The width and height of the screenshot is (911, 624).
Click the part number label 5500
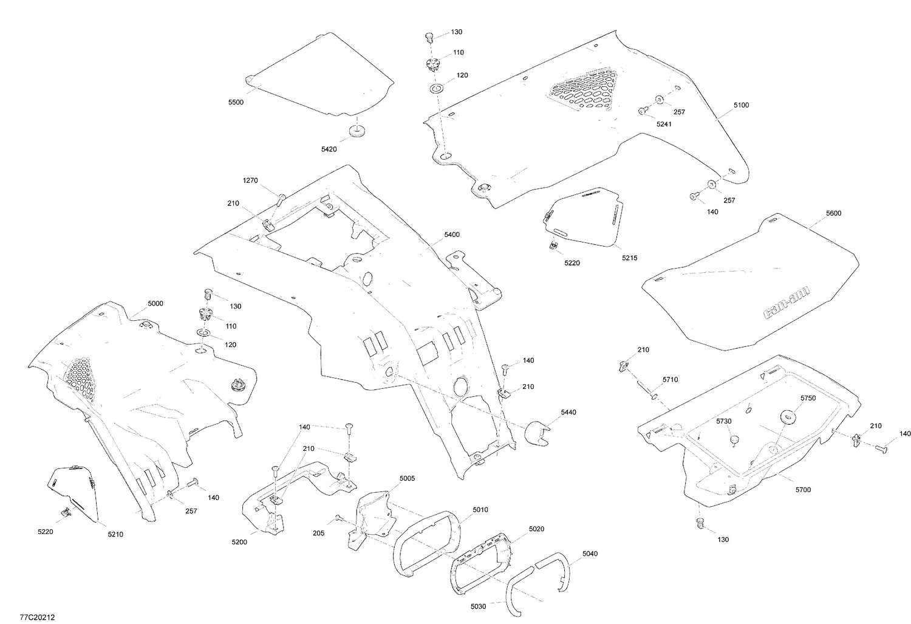click(236, 103)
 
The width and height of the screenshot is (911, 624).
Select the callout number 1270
click(250, 180)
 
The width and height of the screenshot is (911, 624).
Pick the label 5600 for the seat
click(833, 213)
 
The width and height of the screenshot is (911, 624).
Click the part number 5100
click(741, 105)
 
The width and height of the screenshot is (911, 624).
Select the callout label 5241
click(664, 124)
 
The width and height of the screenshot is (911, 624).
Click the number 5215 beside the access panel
click(629, 258)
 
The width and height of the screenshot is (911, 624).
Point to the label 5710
click(670, 380)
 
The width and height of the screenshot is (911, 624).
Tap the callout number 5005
click(408, 479)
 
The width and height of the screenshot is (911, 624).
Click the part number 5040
click(589, 554)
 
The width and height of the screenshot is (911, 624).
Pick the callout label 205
click(318, 533)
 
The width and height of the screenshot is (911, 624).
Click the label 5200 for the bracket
click(239, 541)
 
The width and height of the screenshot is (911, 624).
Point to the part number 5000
click(155, 304)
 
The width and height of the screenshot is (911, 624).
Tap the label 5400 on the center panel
click(452, 235)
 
